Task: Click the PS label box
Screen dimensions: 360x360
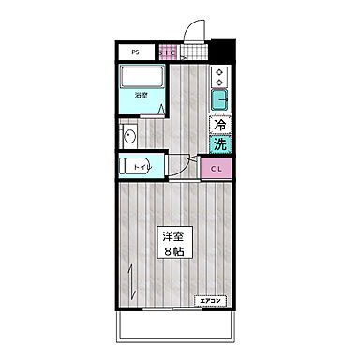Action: [x=137, y=52]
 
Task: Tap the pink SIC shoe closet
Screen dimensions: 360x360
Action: [x=168, y=52]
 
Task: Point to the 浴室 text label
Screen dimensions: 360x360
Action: [x=140, y=96]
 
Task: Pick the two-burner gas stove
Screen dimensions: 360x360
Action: [x=219, y=75]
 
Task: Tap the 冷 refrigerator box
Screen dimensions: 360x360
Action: [x=219, y=125]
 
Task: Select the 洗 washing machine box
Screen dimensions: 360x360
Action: [x=219, y=144]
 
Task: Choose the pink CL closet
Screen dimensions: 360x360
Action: [x=216, y=169]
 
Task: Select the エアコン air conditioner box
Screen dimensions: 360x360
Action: [x=211, y=301]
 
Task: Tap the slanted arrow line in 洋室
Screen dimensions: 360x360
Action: [x=134, y=277]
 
